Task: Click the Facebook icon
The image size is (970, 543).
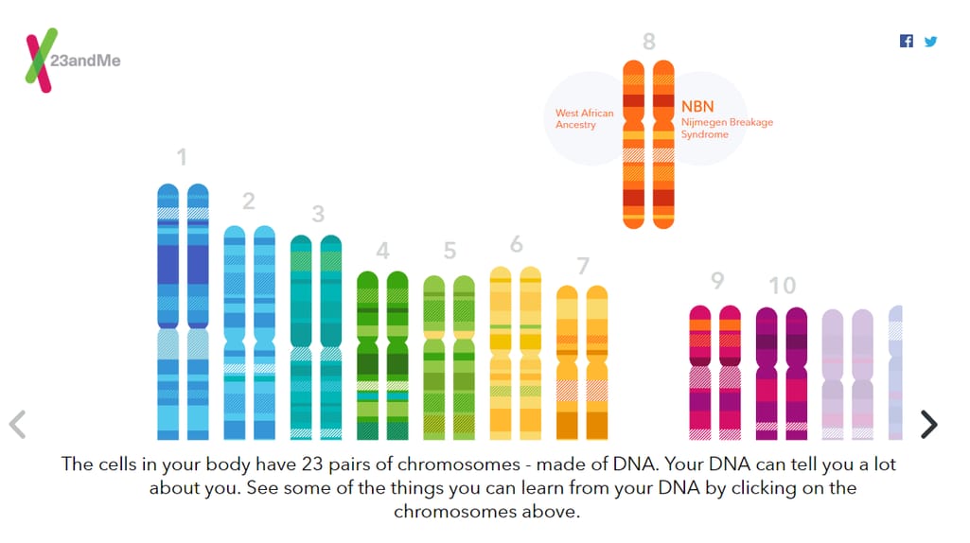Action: coord(907,41)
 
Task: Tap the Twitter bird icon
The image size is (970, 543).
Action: coord(930,42)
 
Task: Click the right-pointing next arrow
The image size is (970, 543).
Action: coord(928,424)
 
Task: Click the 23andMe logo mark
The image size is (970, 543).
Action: coord(41,60)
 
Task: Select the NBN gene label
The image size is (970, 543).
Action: coord(697,106)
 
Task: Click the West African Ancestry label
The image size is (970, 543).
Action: coord(584,119)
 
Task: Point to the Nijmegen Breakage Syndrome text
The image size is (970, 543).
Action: coord(727,128)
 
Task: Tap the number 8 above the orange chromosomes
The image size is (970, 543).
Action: coord(649,42)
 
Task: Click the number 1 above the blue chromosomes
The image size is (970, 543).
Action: coord(182,157)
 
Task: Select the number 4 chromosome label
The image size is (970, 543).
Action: coord(383,251)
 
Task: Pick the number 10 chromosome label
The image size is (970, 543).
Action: coord(782,286)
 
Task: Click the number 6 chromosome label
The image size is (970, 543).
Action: coord(517,244)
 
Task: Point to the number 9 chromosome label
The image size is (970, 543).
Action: coord(717,280)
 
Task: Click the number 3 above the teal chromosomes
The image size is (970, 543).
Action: coord(318,214)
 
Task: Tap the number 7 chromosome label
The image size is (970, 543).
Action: coord(583,266)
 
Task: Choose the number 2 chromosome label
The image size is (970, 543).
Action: coord(249,201)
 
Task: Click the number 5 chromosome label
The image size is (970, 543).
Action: coord(450,251)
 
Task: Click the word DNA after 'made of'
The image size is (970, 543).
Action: coord(634,464)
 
